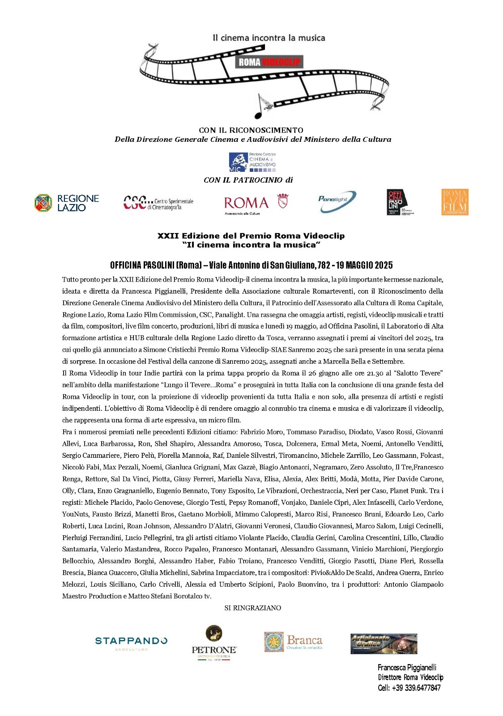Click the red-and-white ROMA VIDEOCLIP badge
click(269, 62)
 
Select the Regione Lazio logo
click(67, 203)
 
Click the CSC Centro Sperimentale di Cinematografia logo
click(158, 203)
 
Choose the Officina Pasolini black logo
click(400, 202)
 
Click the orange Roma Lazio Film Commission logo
click(455, 202)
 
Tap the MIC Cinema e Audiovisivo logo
click(252, 162)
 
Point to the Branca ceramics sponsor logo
click(293, 642)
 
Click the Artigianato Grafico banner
click(384, 644)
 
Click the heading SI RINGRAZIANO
click(252, 608)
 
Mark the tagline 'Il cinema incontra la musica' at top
click(269, 38)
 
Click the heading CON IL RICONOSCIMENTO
click(251, 130)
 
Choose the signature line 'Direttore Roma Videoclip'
click(410, 678)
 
